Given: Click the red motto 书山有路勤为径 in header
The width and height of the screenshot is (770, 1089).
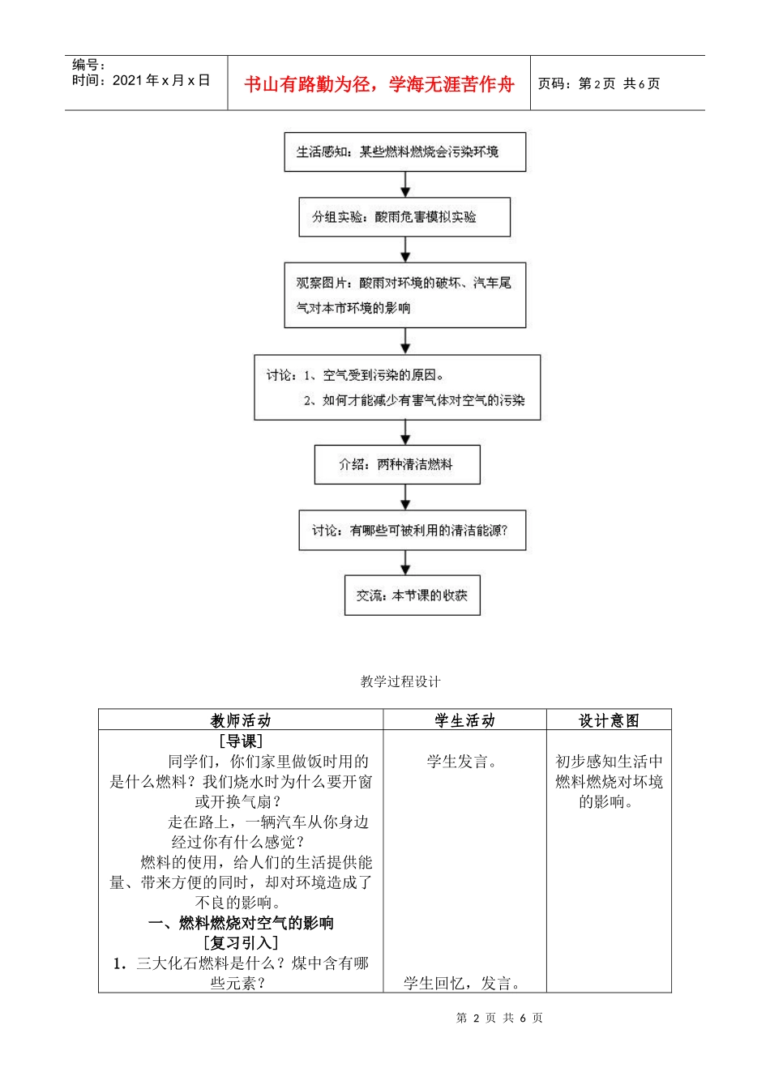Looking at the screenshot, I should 379,84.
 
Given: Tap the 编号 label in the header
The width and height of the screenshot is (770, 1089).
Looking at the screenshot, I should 89,65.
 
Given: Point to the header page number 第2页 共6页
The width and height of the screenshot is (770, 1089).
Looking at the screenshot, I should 599,84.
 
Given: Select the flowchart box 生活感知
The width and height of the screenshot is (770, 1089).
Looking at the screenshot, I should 404,152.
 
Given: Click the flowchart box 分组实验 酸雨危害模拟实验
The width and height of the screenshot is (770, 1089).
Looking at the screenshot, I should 404,217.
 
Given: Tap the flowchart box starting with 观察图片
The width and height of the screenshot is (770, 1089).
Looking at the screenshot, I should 404,295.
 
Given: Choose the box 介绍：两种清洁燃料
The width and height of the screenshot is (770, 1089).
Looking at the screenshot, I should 397,464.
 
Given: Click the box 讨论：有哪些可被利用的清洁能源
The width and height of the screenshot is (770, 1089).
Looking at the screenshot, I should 412,531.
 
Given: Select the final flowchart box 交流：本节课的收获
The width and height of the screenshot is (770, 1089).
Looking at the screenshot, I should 412,596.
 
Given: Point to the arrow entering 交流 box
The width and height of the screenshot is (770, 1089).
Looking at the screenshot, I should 405,563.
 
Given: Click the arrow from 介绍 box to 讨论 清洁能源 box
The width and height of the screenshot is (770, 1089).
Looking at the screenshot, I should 405,497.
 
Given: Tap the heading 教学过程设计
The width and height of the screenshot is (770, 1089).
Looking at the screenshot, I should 400,681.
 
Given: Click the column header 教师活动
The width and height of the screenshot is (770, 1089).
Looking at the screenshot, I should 241,720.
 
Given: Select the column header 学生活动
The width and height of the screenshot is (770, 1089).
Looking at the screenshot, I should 464,720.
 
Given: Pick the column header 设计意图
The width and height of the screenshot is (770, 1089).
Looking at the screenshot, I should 609,720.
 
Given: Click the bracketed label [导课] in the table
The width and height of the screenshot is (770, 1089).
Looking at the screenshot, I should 241,741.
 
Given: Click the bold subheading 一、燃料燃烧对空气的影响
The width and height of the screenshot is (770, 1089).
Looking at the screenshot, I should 241,923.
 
